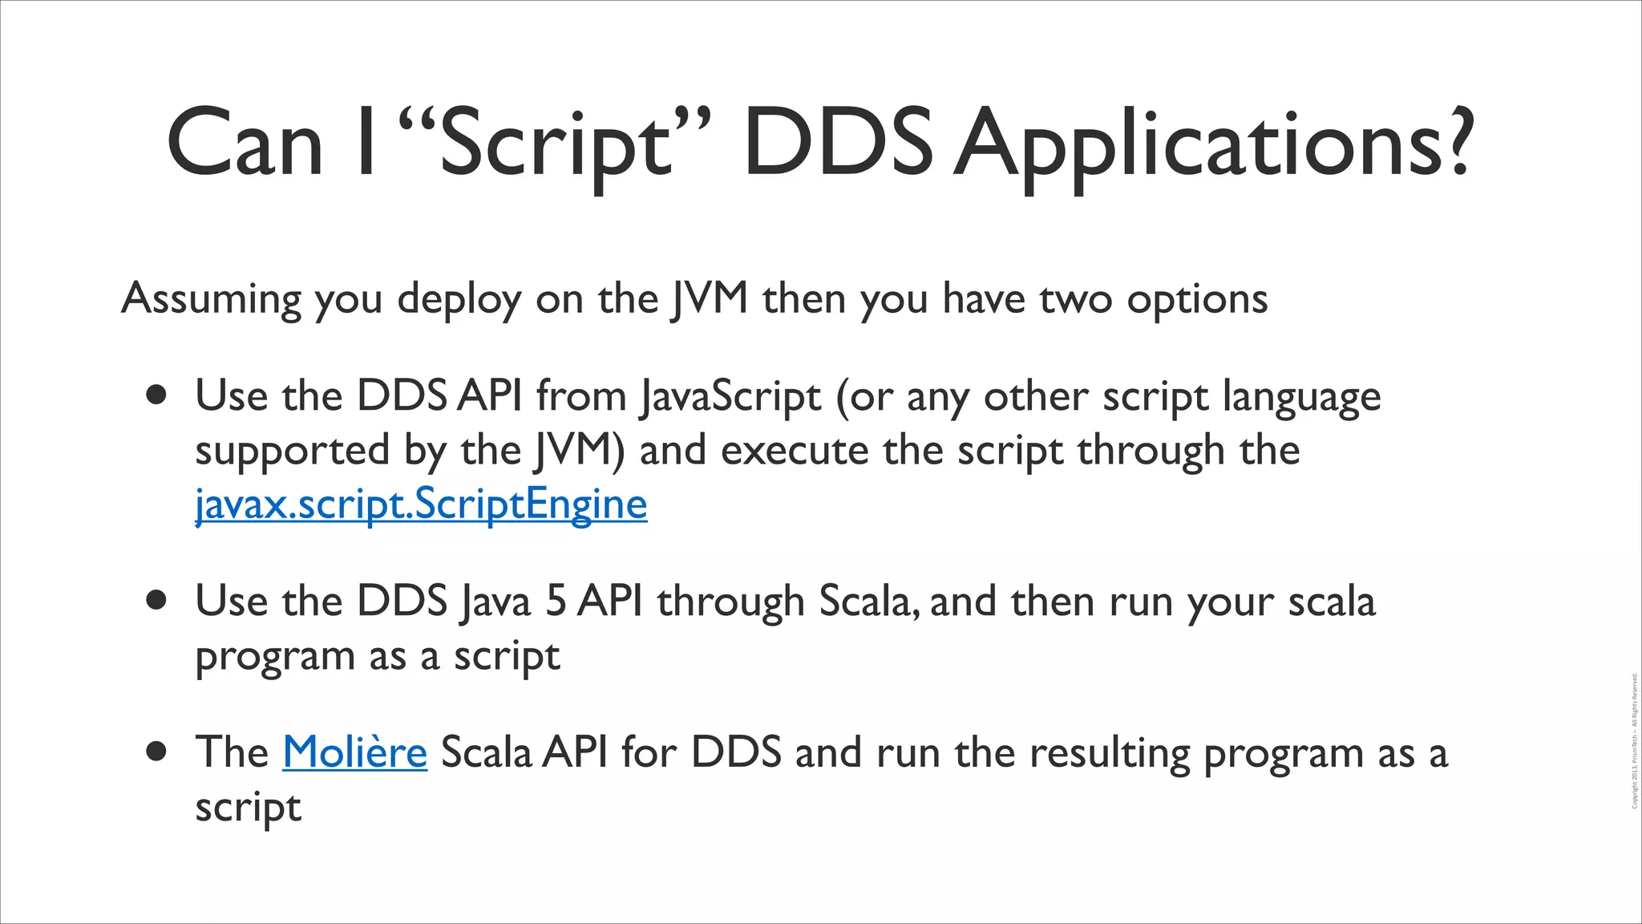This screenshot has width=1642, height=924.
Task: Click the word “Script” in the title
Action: point(554,144)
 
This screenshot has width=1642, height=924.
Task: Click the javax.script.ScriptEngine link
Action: point(421,505)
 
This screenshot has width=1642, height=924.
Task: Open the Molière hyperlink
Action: point(354,752)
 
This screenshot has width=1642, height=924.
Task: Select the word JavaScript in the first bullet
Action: point(730,396)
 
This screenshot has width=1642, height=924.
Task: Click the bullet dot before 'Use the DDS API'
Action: point(157,395)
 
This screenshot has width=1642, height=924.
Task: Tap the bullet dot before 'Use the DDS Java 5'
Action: point(157,601)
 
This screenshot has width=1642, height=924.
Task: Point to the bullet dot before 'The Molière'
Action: point(157,752)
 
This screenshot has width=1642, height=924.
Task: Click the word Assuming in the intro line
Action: point(211,299)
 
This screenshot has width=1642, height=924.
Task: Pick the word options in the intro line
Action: point(1197,300)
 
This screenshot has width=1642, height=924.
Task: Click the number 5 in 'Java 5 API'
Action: point(556,601)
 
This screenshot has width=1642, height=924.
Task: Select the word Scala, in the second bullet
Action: point(868,601)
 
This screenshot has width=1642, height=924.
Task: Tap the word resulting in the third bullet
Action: point(1109,753)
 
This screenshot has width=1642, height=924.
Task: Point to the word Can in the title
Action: point(245,144)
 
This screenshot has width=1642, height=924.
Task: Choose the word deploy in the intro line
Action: point(459,300)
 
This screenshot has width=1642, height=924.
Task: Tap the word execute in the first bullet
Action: point(795,450)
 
